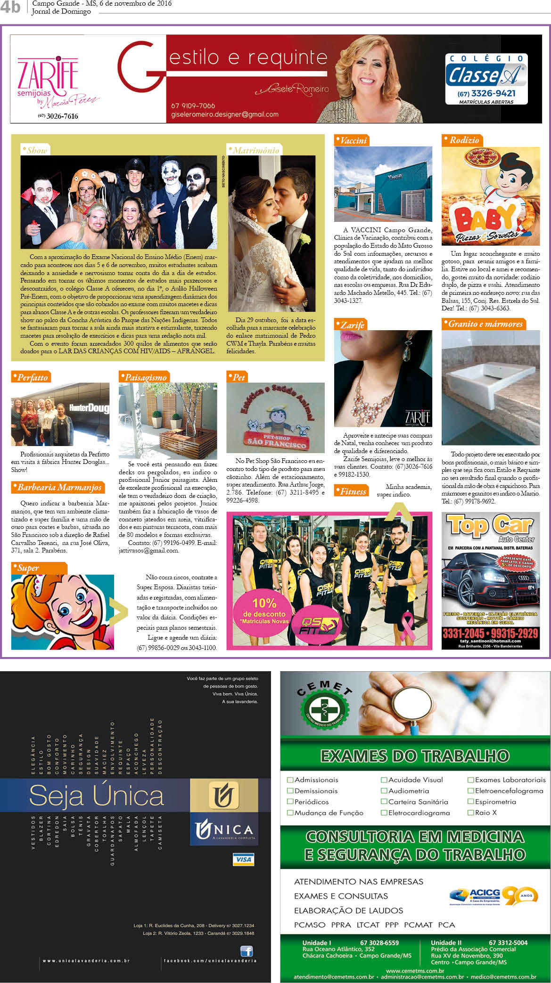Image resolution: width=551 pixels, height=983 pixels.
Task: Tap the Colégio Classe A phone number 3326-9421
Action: pos(486,93)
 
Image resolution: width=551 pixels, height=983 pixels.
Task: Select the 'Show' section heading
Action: pos(36,150)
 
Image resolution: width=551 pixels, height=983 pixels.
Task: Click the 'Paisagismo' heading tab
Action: pos(144,377)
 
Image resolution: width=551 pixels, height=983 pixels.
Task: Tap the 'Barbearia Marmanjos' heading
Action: pos(58,487)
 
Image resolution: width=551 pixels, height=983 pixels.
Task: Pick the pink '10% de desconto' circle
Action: pos(264,610)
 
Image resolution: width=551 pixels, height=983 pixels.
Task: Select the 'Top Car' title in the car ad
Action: pos(490,526)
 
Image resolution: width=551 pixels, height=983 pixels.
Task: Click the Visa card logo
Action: pos(243,859)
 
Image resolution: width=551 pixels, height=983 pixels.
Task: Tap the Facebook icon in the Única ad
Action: pos(247,951)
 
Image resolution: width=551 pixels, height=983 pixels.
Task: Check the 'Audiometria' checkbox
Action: pos(384,791)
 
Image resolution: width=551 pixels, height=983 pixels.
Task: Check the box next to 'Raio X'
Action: pos(470,812)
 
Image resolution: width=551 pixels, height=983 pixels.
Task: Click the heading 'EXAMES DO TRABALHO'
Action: pos(415,756)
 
